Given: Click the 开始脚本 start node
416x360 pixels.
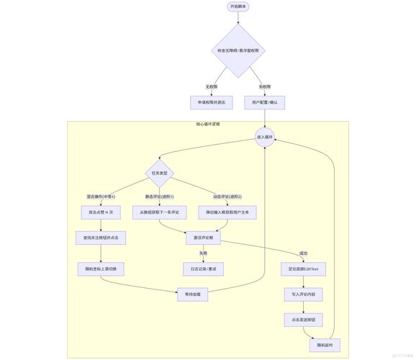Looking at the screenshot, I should coord(238,6).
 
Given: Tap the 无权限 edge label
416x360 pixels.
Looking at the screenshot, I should coord(212,86).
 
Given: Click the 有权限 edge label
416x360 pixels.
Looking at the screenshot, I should coord(265,86).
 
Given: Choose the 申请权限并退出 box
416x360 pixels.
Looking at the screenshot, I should coord(212,103).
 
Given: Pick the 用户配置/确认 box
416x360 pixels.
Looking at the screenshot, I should coord(265,103).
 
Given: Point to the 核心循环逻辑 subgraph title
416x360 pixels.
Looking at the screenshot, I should coord(208,124).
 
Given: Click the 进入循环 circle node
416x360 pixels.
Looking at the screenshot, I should coord(265,137).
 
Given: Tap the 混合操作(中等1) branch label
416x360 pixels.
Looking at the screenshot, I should coord(101,196).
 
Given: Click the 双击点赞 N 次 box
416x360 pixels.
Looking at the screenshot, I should coord(101,212).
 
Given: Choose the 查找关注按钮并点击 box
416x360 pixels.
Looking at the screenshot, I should coord(101,237).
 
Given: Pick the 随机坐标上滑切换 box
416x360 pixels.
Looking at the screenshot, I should coord(101,269).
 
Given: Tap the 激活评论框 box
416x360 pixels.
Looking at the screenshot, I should coord(203,237).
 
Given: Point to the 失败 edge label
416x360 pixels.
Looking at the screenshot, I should coord(203,253).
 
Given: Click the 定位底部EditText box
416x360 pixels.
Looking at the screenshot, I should coord(303,269).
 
